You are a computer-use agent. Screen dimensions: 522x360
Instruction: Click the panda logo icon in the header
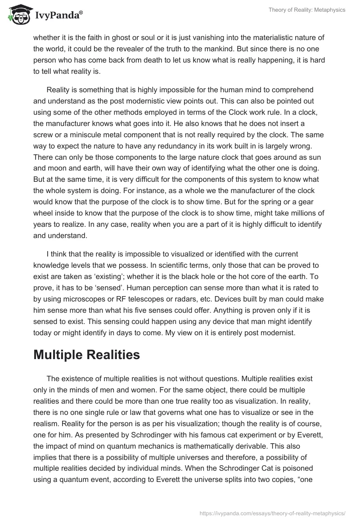click(x=18, y=15)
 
